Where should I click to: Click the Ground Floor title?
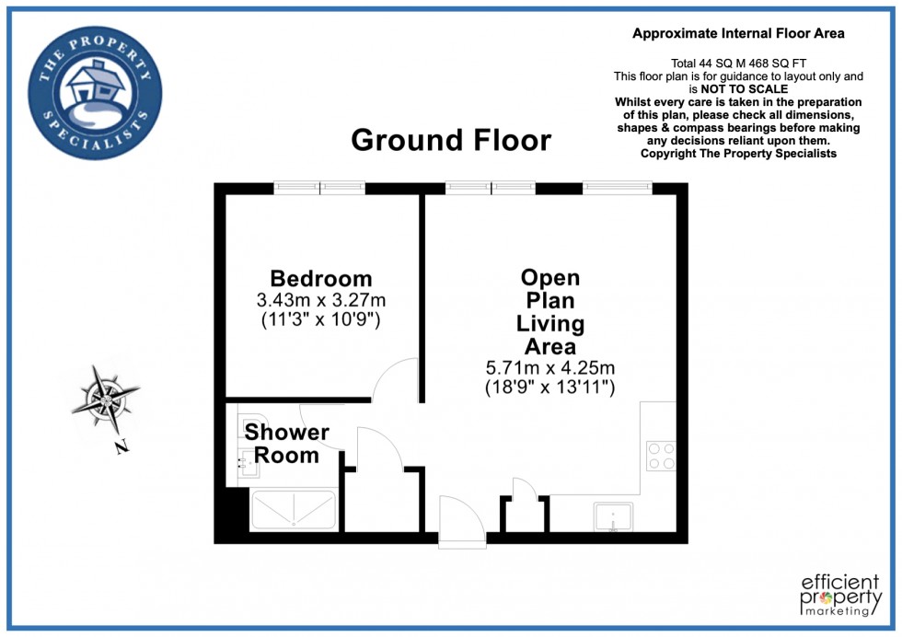tap(451, 141)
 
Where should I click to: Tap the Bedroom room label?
tap(320, 278)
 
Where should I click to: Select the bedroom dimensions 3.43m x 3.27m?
tap(320, 300)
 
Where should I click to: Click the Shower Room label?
tap(286, 443)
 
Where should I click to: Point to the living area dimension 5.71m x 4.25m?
tap(549, 368)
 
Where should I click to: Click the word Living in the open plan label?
tap(550, 324)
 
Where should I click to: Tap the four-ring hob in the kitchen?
tap(660, 457)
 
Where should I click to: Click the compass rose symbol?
tap(107, 399)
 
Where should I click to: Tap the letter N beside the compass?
tap(121, 448)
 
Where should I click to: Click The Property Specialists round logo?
tap(95, 92)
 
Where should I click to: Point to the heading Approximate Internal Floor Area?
tap(738, 34)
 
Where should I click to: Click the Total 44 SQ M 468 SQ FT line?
tap(738, 63)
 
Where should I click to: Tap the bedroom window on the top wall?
tap(319, 188)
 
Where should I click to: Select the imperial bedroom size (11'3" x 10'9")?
tap(320, 320)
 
